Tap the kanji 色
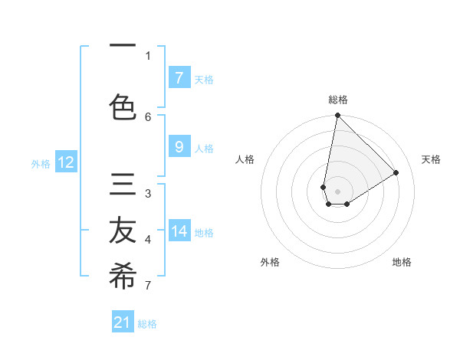coord(123,106)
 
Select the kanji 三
coord(123,185)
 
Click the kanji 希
coord(123,277)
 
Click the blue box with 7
coord(179,78)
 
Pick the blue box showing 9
coord(179,148)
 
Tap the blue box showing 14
coord(179,232)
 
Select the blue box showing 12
coord(65,162)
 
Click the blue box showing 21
coord(123,322)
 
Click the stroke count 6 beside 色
coord(148,116)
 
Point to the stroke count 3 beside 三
coord(148,193)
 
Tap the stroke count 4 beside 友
coord(148,240)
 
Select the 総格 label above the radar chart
coord(337,100)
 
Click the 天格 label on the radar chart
coord(431,159)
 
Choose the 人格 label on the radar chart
coord(245,159)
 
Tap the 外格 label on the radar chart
coord(269,262)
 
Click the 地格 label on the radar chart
coord(402,262)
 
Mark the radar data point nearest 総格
coord(337,116)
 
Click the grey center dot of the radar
coord(337,191)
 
